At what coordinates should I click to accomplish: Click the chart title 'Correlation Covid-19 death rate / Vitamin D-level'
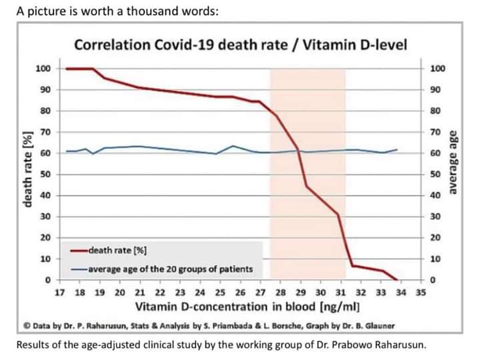(241, 45)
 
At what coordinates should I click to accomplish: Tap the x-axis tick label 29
(300, 292)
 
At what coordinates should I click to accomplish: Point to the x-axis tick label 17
(59, 292)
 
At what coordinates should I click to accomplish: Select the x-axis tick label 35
(420, 292)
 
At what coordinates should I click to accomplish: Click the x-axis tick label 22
(160, 292)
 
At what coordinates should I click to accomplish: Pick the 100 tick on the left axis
(43, 69)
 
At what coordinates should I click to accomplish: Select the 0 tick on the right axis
(434, 280)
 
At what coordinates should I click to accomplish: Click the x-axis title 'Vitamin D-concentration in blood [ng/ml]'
(248, 307)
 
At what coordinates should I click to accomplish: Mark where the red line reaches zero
(398, 280)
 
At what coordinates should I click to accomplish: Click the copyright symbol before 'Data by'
(27, 325)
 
